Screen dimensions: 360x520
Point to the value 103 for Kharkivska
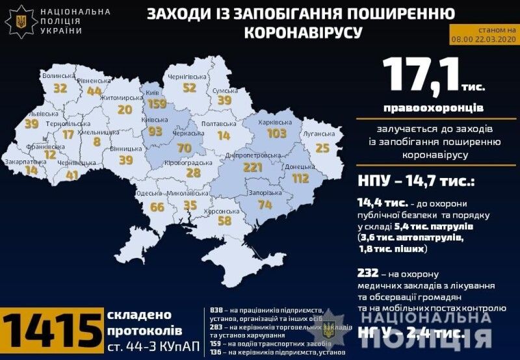tap(276, 133)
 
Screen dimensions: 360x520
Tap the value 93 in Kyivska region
tap(155, 132)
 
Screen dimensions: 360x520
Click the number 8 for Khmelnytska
tap(97, 142)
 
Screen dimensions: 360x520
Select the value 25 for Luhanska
tap(322, 149)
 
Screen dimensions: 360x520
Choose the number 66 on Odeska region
tap(157, 208)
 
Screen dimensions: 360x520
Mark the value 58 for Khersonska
tap(225, 220)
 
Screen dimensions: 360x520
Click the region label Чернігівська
tap(187, 76)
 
